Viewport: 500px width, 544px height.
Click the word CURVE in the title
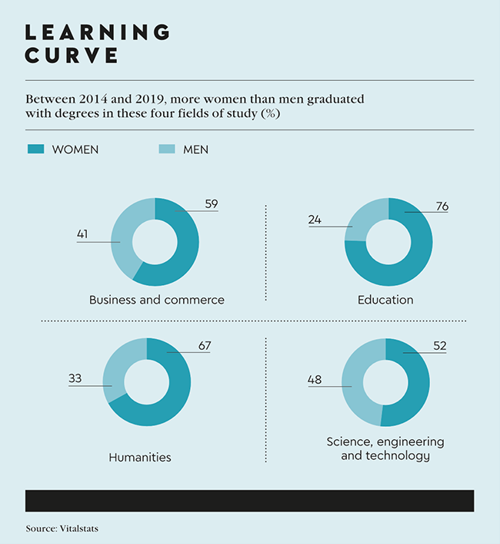(x=72, y=55)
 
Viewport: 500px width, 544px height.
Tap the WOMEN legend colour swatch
(x=34, y=149)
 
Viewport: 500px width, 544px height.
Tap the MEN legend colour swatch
(x=164, y=149)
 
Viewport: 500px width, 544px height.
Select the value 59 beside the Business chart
(x=212, y=204)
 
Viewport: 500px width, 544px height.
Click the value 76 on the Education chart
(x=442, y=206)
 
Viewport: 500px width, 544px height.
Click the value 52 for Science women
(x=439, y=346)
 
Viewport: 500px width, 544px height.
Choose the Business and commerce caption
(x=157, y=300)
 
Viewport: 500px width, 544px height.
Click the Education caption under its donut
(x=385, y=300)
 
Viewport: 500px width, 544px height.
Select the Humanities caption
(x=140, y=457)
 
